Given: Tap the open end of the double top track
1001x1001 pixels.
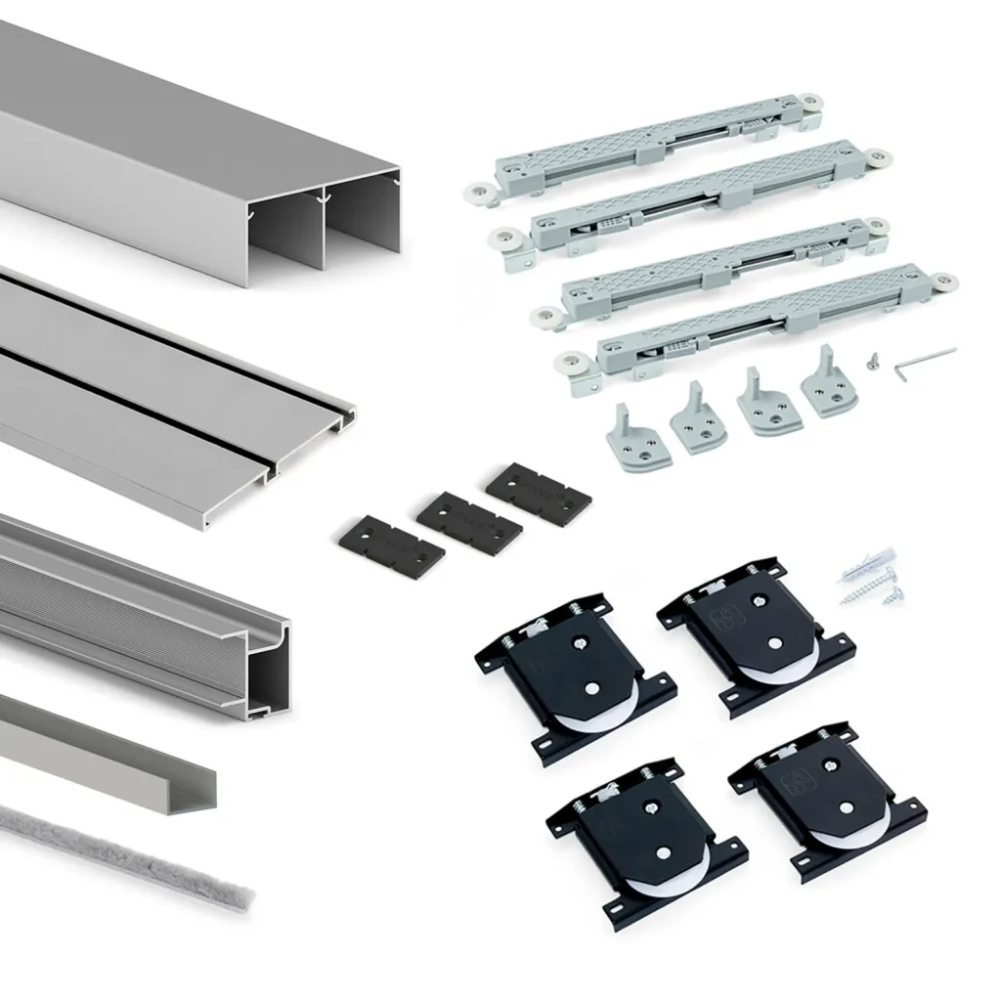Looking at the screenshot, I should pyautogui.click(x=323, y=220).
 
